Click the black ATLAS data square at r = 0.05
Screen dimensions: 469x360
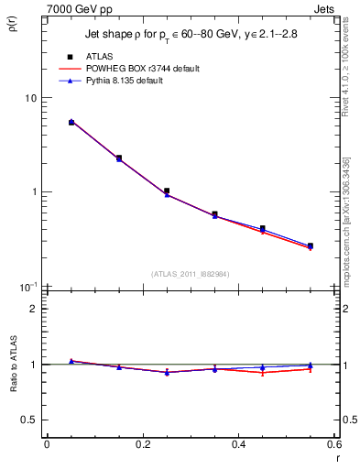click(71, 122)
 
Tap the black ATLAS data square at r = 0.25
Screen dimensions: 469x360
click(167, 191)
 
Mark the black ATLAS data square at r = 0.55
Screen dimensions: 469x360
click(311, 245)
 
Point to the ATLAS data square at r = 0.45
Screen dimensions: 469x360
click(263, 228)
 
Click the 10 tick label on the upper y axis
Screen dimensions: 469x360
click(30, 98)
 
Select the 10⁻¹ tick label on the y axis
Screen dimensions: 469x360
click(27, 287)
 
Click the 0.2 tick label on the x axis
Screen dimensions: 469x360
click(142, 444)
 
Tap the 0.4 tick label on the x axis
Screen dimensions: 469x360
click(238, 444)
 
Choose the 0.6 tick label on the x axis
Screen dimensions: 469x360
click(333, 444)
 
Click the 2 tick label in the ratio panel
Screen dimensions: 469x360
click(34, 309)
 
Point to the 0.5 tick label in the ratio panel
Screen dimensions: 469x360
click(29, 420)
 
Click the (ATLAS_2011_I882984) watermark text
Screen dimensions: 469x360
click(190, 273)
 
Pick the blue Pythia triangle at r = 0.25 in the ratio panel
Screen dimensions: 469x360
click(167, 373)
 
